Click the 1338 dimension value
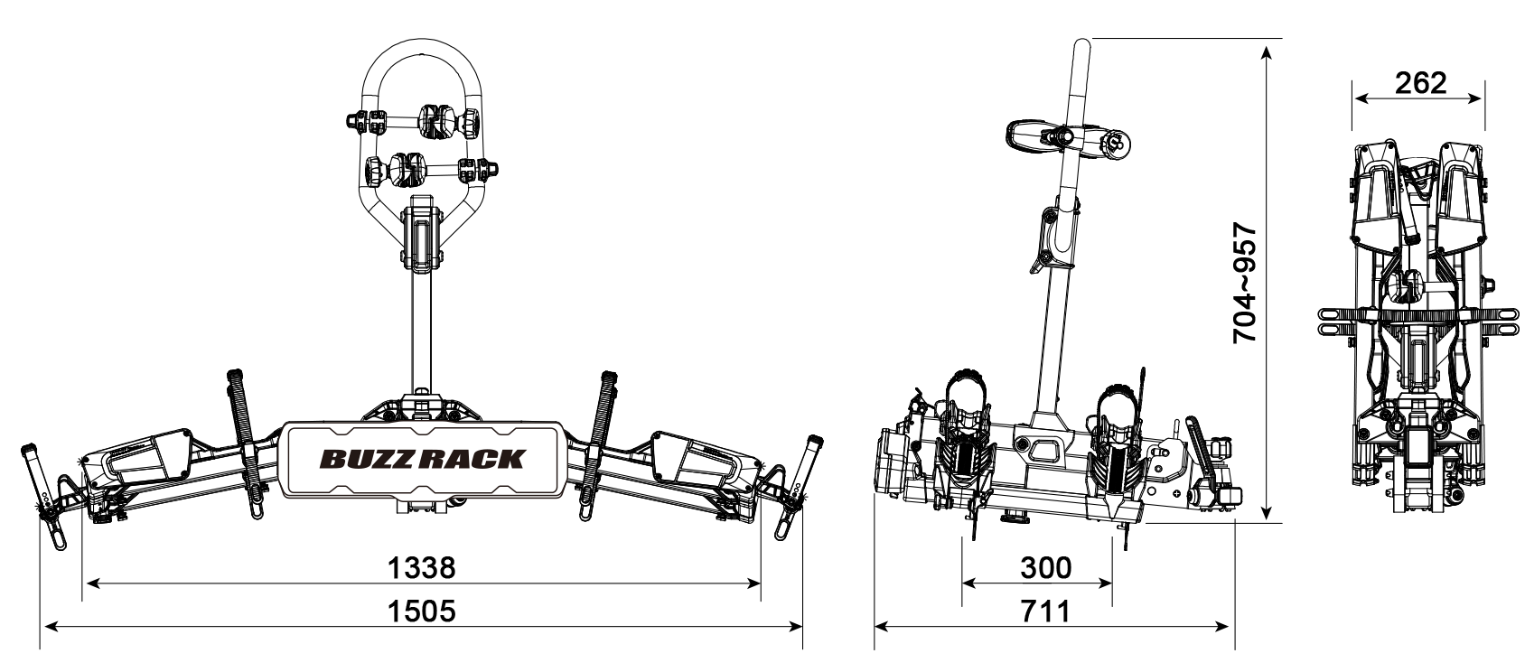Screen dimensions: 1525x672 click(421, 567)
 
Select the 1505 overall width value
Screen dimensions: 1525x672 click(421, 611)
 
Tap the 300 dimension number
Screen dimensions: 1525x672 click(1045, 567)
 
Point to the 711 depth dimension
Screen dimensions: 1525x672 click(1045, 611)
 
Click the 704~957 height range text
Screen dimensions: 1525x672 click(1245, 283)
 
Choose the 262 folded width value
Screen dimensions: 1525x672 click(1421, 83)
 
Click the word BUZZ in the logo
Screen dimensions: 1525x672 click(368, 459)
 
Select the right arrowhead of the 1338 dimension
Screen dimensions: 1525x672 click(753, 583)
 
